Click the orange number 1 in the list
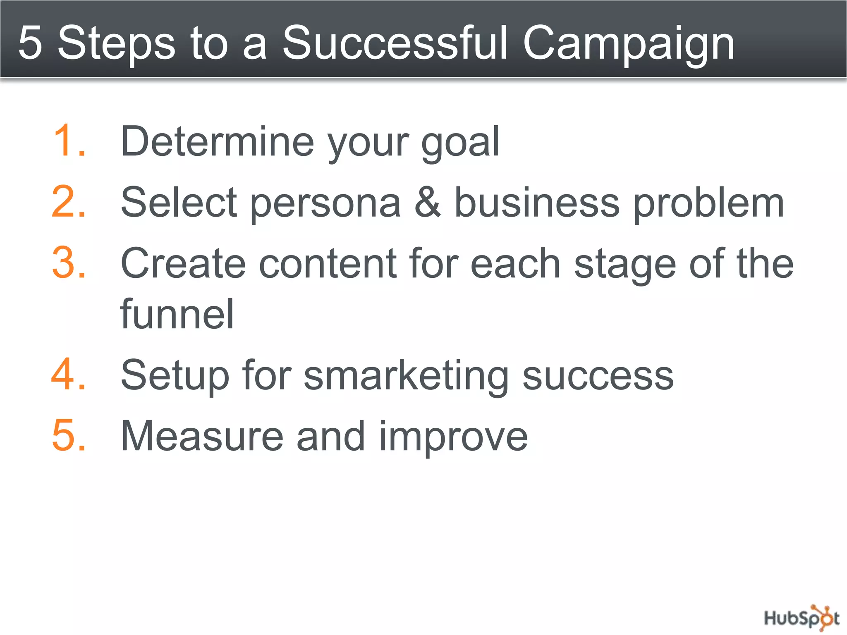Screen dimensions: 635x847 tap(66, 141)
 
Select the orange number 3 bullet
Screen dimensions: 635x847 tap(66, 263)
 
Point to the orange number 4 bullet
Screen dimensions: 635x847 tap(66, 375)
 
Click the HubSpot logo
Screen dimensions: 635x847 tap(801, 618)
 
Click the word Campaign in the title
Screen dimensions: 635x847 tap(628, 43)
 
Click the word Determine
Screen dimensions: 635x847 tap(218, 142)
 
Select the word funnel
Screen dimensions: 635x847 tap(177, 314)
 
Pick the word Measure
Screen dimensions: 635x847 tap(202, 436)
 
